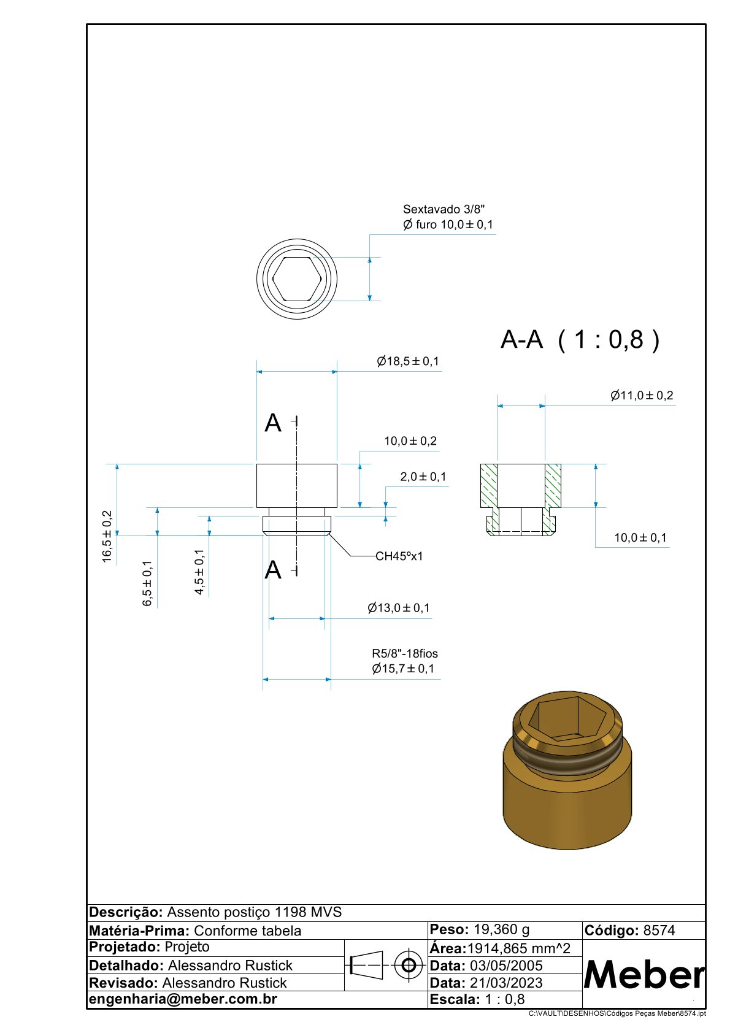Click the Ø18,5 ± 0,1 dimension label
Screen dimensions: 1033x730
tap(408, 361)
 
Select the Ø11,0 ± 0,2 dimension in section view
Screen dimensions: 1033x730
tap(642, 396)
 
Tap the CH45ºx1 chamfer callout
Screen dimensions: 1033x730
tap(399, 556)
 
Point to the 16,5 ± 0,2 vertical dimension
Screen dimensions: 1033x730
tap(107, 536)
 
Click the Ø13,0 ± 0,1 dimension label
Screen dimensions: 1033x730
tap(399, 608)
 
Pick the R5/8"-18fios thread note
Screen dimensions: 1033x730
tap(405, 654)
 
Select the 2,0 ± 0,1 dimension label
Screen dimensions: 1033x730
tap(423, 477)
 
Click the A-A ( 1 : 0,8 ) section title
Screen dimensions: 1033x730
tap(580, 339)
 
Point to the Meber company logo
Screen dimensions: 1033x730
tap(644, 975)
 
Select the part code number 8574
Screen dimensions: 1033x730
tap(659, 931)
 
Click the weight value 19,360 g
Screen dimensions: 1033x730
tap(501, 929)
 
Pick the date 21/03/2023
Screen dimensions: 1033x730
tap(506, 983)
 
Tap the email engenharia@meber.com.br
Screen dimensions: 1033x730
tap(183, 999)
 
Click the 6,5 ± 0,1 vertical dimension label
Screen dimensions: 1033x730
tap(147, 583)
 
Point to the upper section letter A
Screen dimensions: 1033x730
tap(273, 423)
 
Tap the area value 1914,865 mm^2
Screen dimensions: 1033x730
tap(519, 948)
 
